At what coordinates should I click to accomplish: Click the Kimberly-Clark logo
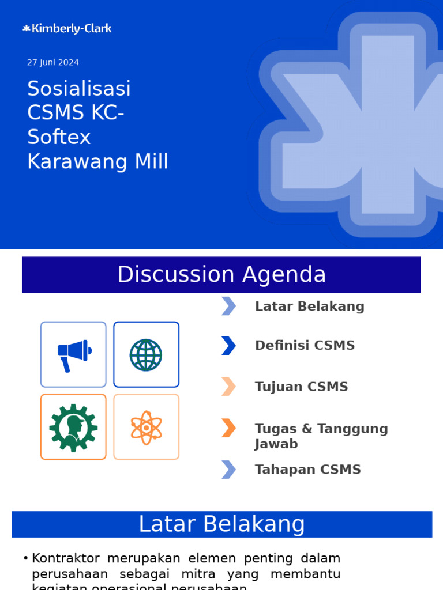click(x=67, y=28)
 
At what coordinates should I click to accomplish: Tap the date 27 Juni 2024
click(x=53, y=62)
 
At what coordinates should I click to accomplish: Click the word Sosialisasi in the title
click(x=79, y=89)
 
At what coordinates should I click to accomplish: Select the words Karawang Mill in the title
click(x=97, y=162)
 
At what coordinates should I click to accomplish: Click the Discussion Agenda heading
click(x=221, y=275)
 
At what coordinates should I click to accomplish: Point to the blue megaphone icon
click(x=74, y=354)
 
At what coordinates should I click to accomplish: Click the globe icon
click(x=146, y=354)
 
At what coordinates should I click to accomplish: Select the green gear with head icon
click(x=73, y=427)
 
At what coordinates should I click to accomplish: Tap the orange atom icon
click(x=146, y=427)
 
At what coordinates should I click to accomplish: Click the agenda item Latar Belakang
click(x=310, y=307)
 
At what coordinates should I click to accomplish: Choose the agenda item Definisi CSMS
click(x=305, y=346)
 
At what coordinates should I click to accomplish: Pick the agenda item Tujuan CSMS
click(x=301, y=387)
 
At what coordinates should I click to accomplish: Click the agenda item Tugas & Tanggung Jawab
click(x=321, y=436)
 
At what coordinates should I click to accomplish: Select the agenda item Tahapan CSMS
click(x=307, y=470)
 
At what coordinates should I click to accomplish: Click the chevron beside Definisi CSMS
click(x=228, y=346)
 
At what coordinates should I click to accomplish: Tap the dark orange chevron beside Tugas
click(x=228, y=428)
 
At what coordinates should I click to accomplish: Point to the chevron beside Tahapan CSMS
click(x=228, y=470)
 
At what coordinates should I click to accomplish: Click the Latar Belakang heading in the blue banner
click(x=221, y=524)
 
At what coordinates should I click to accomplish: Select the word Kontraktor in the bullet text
click(x=66, y=558)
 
